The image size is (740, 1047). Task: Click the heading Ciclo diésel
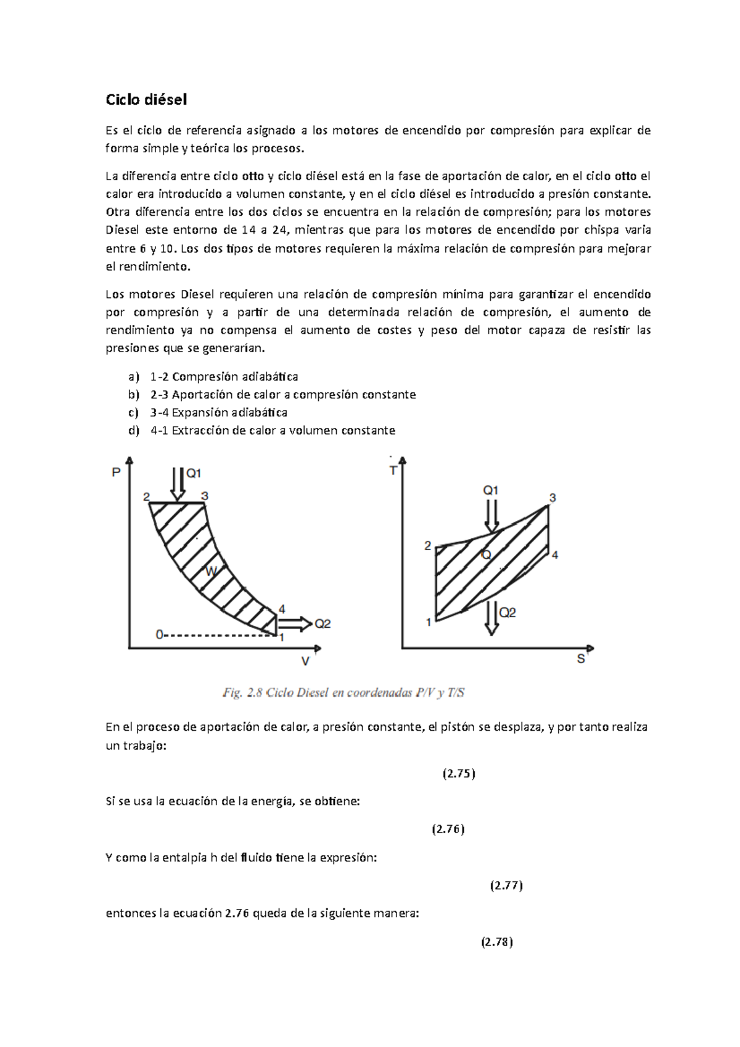[146, 99]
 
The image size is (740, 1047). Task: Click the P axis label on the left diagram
[115, 473]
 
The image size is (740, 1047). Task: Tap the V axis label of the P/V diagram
[305, 662]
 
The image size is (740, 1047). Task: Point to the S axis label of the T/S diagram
[580, 659]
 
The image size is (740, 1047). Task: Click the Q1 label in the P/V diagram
[194, 474]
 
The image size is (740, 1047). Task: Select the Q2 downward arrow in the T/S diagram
[491, 617]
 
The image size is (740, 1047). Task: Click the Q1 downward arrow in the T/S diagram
[491, 516]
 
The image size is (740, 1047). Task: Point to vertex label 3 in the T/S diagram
[553, 498]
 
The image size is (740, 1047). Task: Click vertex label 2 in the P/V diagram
[146, 496]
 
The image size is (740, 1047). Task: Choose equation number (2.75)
[459, 774]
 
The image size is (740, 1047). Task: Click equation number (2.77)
[506, 886]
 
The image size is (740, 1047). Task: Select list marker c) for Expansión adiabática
[133, 413]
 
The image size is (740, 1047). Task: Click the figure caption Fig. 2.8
[343, 693]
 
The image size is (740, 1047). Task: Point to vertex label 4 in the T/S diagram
[555, 555]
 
